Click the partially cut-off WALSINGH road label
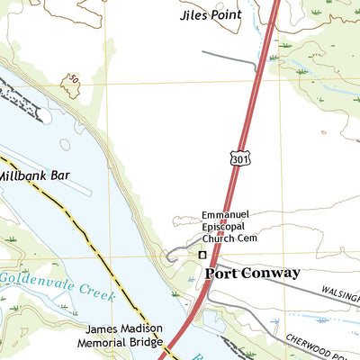(340, 294)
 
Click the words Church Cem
(230, 240)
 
